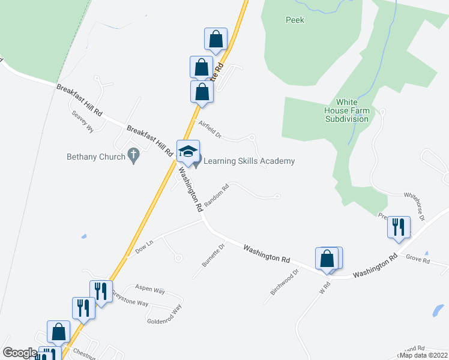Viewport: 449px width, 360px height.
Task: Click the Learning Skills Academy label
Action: coord(249,161)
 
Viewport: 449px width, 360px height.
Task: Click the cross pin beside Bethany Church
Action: coord(134,157)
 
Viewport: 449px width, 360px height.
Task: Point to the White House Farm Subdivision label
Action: coord(346,110)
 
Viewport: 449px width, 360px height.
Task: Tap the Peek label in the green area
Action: coord(295,20)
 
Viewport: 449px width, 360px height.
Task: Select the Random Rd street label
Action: coord(217,196)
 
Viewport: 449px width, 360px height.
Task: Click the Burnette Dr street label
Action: coord(213,255)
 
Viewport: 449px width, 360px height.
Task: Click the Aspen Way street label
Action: coord(150,290)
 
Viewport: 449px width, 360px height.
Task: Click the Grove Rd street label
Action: coord(418,260)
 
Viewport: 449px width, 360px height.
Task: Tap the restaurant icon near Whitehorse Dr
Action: coord(399,227)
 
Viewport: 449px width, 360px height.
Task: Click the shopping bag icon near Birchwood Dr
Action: coord(327,259)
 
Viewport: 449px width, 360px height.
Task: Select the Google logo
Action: coord(20,353)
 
